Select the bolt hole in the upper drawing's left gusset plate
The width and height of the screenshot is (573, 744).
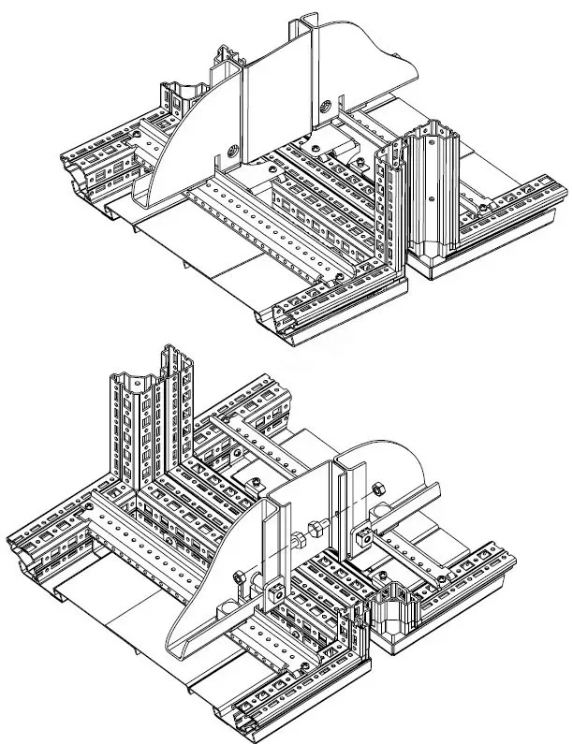tap(230, 147)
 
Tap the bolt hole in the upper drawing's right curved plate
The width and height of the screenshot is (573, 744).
tap(326, 104)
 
